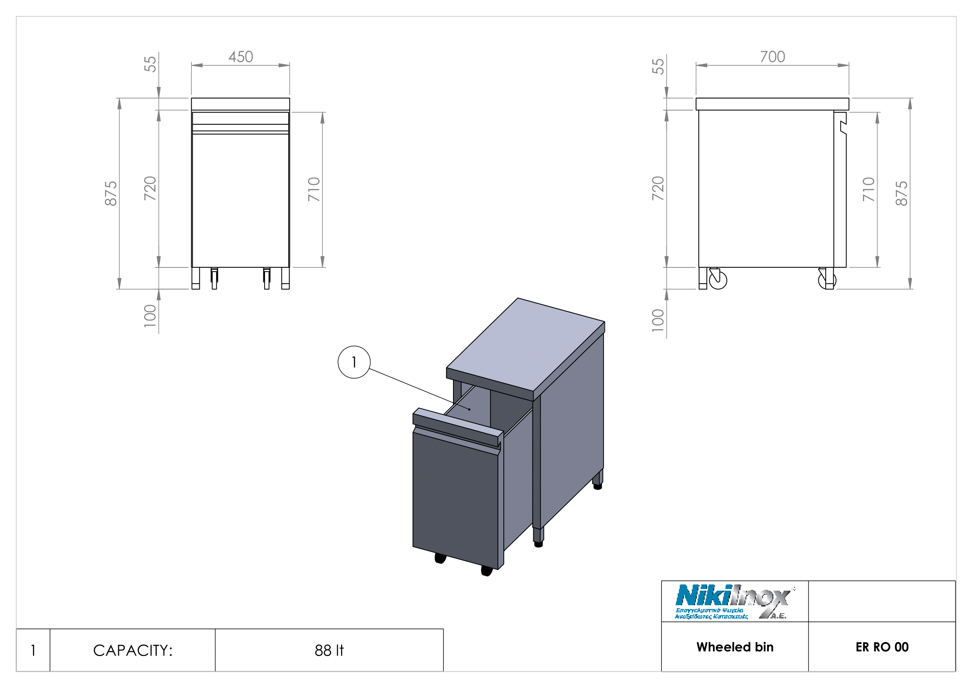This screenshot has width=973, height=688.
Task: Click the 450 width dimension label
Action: click(x=241, y=57)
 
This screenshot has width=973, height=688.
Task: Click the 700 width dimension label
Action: click(x=772, y=57)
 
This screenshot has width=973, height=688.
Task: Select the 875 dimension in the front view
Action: click(x=111, y=193)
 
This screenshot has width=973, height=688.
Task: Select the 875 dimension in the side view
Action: click(x=901, y=193)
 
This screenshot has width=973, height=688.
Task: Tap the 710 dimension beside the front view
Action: click(x=314, y=189)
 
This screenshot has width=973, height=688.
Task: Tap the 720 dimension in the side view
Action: click(x=658, y=188)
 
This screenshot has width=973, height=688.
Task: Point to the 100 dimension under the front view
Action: click(x=150, y=316)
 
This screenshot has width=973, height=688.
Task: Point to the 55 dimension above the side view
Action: click(x=658, y=66)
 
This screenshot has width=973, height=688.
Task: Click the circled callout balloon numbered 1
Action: click(x=354, y=362)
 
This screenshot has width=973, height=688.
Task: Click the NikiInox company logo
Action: click(x=734, y=602)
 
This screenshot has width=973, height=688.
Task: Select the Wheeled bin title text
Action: click(x=735, y=647)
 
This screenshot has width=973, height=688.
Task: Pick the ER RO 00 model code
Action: click(x=882, y=647)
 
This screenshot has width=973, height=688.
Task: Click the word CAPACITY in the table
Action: click(x=133, y=650)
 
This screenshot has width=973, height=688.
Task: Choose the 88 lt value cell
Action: click(x=329, y=650)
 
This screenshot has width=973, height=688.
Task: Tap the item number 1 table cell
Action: click(x=33, y=650)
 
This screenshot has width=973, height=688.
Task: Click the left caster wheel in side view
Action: click(x=718, y=280)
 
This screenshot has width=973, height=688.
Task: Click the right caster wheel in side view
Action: click(x=827, y=280)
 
